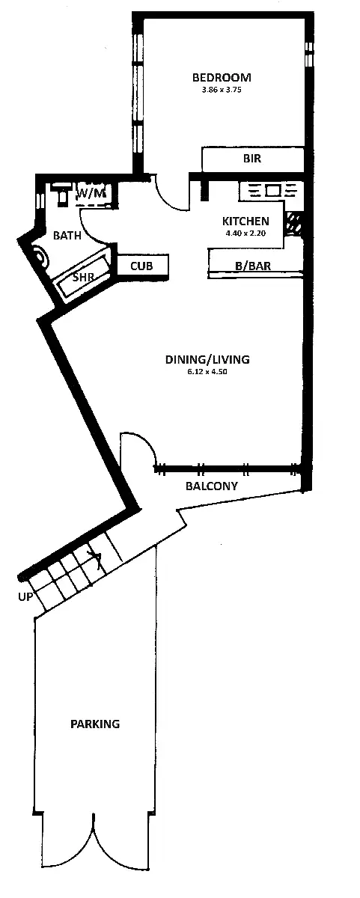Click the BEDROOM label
(221, 77)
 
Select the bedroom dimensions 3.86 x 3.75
(221, 90)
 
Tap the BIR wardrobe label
(251, 159)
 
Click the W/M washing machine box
(92, 194)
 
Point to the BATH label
(67, 235)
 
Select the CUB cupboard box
(141, 265)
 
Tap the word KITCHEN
(245, 221)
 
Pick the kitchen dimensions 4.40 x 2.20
(245, 233)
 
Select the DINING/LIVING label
(207, 359)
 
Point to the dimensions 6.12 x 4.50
(207, 371)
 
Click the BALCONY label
(212, 486)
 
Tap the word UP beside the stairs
(25, 596)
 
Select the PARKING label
(95, 724)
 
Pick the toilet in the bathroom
(61, 194)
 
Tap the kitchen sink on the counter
(272, 190)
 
